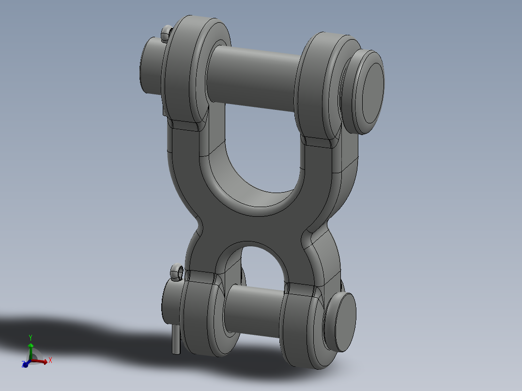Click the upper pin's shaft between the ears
point(252,77)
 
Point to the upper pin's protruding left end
point(150,65)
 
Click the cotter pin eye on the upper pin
point(166,33)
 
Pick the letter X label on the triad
point(50,360)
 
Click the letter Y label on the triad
point(31,337)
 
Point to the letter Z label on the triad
point(23,364)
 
